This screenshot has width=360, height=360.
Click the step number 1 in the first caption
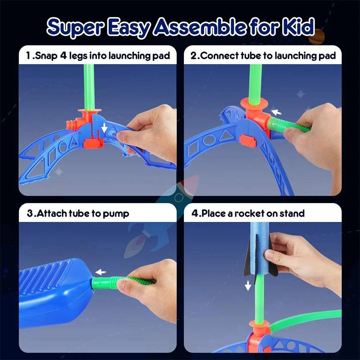click(28, 56)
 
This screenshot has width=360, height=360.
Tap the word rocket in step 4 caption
click(249, 213)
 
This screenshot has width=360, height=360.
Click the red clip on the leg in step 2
click(247, 141)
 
